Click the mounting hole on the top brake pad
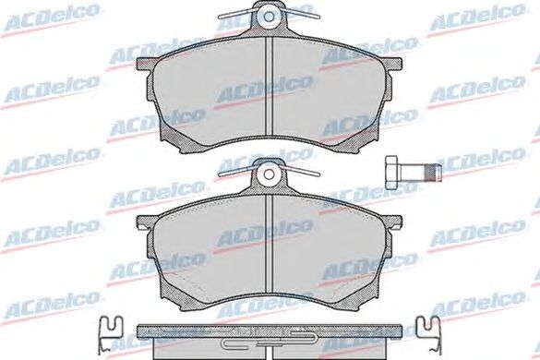[x=269, y=17]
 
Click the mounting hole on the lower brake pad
[x=269, y=174]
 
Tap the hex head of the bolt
[x=392, y=173]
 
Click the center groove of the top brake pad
[x=269, y=86]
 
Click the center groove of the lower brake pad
[x=269, y=244]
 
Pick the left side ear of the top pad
[x=146, y=65]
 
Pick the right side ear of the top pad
[x=392, y=65]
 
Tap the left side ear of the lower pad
[x=146, y=222]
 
